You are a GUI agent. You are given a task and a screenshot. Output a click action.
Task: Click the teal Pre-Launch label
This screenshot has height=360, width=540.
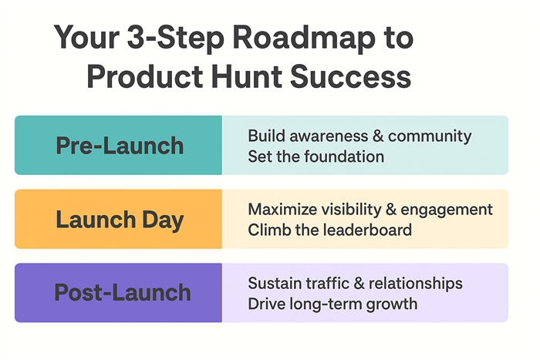119,145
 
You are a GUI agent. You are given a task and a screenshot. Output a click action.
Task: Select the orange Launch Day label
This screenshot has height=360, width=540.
119,219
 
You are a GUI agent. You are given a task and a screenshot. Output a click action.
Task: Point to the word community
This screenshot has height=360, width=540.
430,136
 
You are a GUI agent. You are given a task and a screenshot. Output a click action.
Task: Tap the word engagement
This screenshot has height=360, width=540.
450,210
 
